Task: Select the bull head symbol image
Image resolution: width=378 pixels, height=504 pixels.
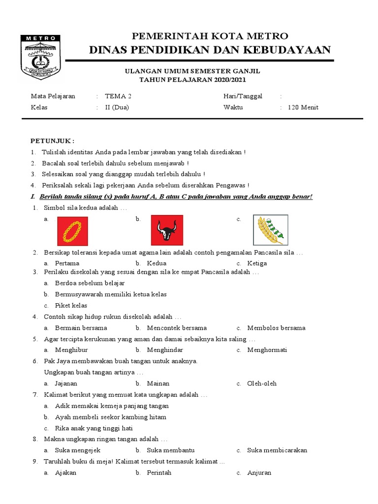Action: point(166,230)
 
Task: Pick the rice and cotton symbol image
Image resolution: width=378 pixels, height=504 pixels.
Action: point(270,230)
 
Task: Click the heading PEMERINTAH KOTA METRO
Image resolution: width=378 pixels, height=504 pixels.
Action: point(210,36)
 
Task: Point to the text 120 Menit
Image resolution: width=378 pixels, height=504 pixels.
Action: point(303,107)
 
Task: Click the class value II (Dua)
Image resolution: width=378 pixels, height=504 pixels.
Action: point(117,107)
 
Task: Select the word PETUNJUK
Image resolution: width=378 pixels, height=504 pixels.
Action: point(53,140)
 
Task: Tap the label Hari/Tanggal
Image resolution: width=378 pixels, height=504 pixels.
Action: point(243,96)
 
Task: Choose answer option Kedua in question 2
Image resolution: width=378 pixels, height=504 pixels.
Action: point(157,263)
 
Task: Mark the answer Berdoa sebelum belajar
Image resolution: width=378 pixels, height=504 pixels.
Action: point(90,283)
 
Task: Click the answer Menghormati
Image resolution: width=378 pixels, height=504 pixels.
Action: point(267,350)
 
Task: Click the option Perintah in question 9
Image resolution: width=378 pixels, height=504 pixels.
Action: point(159,472)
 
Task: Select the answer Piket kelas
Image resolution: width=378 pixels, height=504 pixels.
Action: point(71,305)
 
